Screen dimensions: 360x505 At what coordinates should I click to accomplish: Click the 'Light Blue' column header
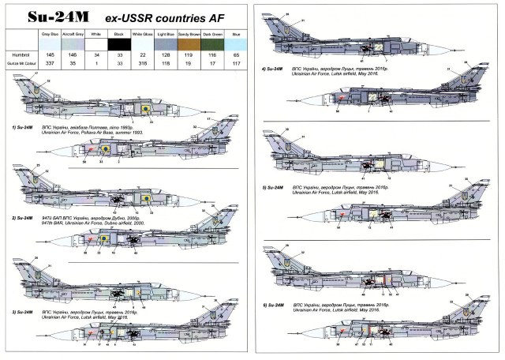coord(166,36)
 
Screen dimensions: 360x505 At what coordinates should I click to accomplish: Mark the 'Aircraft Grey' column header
coord(73,36)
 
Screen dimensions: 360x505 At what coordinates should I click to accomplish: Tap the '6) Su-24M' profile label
coord(274,305)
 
